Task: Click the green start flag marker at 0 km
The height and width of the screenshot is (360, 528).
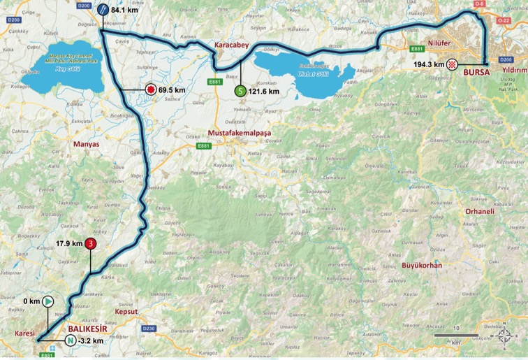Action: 47,301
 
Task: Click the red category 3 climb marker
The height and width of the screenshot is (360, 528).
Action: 91,244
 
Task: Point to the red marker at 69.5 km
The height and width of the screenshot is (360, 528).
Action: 149,89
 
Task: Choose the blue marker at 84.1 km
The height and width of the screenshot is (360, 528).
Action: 103,9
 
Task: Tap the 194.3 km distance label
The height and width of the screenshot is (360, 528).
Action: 429,64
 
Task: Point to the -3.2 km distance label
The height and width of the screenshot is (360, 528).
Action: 92,340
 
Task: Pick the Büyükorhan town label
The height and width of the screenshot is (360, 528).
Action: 421,266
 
